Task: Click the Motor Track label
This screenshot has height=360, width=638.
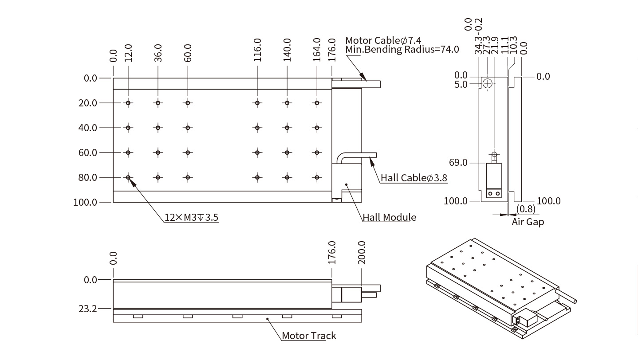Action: (x=309, y=336)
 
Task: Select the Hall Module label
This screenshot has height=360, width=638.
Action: (x=390, y=217)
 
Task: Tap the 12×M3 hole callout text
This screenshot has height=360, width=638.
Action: (x=191, y=217)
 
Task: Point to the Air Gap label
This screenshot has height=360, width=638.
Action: (x=528, y=222)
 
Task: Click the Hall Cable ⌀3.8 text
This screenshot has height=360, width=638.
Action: (x=414, y=178)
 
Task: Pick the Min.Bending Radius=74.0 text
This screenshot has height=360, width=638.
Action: (x=402, y=49)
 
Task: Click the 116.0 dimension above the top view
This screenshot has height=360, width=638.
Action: (x=257, y=50)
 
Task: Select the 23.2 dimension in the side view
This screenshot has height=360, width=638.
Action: (x=88, y=309)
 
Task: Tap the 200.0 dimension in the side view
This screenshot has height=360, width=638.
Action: (x=362, y=253)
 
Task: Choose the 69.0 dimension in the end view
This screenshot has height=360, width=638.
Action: (x=458, y=163)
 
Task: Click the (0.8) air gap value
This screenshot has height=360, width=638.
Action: (x=526, y=209)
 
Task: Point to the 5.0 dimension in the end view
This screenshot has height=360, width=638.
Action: (x=461, y=84)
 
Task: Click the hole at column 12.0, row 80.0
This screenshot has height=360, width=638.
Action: (x=128, y=177)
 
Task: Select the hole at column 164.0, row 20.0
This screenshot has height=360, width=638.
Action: (x=317, y=103)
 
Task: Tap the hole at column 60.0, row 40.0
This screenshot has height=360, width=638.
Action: (x=188, y=128)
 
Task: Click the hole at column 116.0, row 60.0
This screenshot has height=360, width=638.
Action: (x=257, y=153)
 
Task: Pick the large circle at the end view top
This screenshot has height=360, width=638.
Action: (x=487, y=83)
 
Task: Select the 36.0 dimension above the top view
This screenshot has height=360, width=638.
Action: (x=158, y=52)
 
